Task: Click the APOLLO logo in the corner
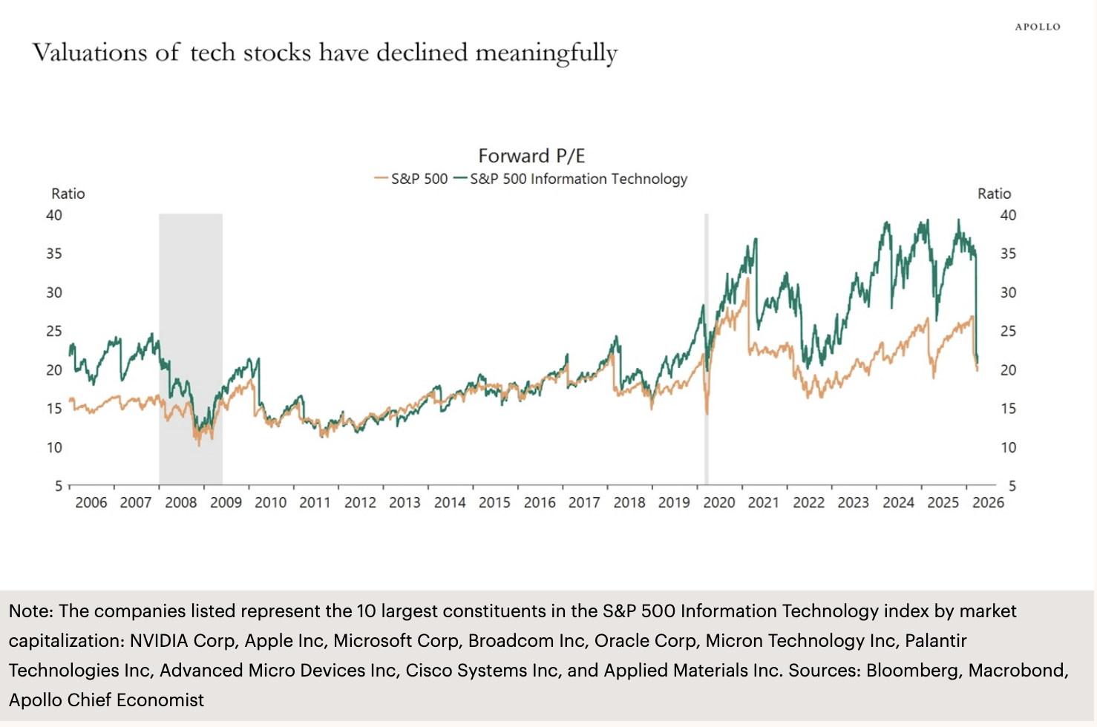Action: point(1038,27)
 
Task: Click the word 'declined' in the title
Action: point(422,53)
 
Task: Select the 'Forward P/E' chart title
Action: point(531,156)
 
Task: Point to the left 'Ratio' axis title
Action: point(68,194)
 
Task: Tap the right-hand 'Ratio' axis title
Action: point(994,194)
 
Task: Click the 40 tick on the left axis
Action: point(54,215)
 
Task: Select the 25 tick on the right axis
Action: point(1007,331)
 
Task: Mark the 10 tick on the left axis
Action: point(54,447)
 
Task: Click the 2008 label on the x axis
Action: point(181,502)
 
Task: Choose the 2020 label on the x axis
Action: point(718,502)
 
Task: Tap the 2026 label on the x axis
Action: point(988,502)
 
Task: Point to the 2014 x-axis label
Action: point(450,502)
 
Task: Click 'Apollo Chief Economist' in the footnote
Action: point(106,700)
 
